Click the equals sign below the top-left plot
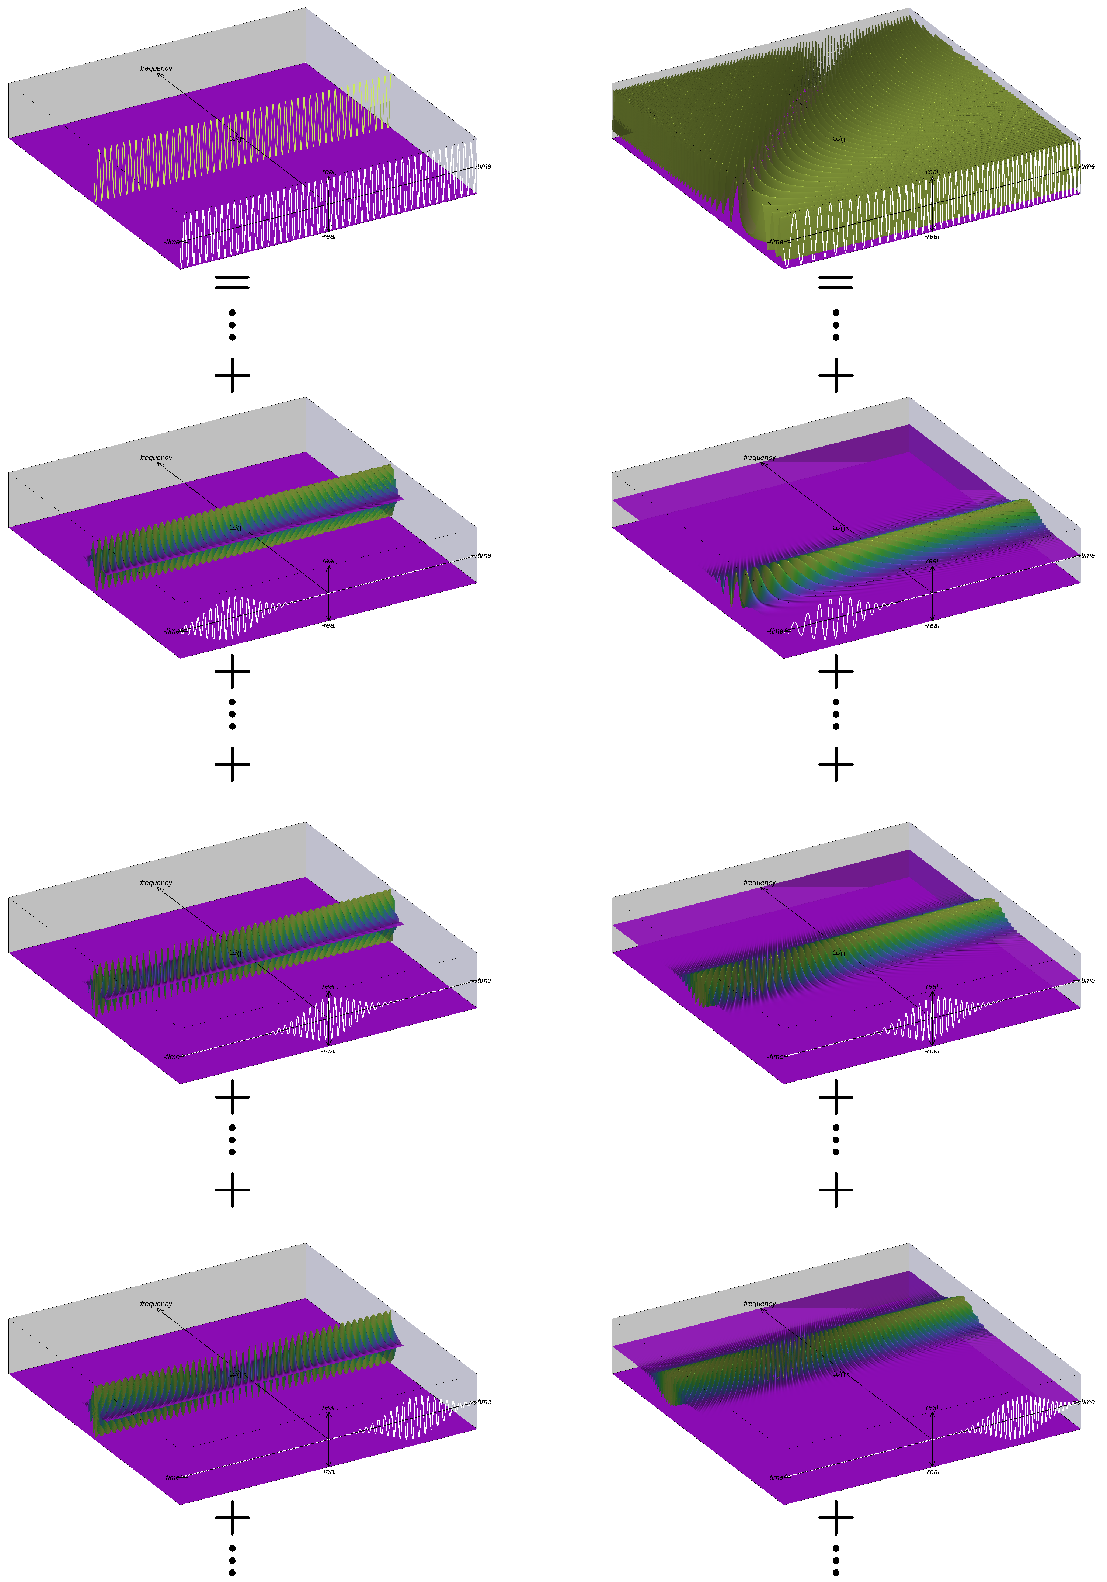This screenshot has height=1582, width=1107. click(232, 282)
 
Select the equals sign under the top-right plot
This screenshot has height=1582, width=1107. click(836, 282)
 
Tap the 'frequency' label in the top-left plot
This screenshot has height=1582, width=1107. click(156, 68)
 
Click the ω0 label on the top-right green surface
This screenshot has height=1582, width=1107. click(838, 139)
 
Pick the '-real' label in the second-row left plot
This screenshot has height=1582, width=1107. click(328, 626)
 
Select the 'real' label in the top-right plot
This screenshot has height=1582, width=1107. click(931, 172)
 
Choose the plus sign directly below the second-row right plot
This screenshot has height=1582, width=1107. click(836, 671)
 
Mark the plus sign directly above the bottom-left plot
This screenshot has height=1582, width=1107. click(232, 1190)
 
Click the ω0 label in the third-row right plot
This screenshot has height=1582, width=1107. click(838, 953)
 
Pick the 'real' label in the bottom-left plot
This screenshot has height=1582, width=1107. click(328, 1408)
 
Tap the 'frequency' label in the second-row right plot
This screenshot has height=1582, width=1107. click(759, 458)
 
